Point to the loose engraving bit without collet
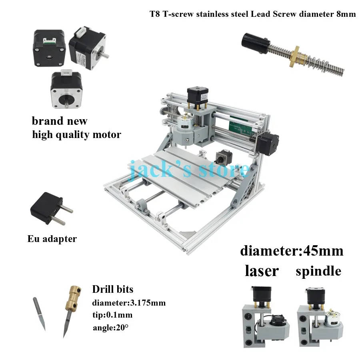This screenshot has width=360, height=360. point(39,314)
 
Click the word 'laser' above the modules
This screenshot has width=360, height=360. point(262,271)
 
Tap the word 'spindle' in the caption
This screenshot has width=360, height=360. point(318,271)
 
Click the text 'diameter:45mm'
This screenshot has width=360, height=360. point(292,251)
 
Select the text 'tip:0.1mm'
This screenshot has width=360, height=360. point(112,315)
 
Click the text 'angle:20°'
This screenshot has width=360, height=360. point(110,327)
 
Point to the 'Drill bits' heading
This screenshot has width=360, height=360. point(113,289)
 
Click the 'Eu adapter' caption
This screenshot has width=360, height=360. point(52,239)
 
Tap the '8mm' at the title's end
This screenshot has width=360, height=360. point(346,14)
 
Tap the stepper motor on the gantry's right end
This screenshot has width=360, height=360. point(267,144)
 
